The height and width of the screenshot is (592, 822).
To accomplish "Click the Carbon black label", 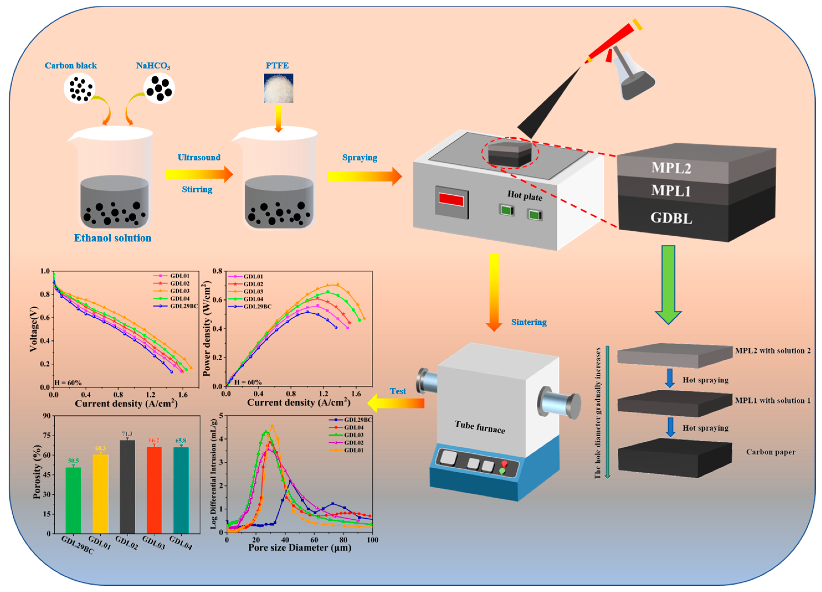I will tap(71, 66).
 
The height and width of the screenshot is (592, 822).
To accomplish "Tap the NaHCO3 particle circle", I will tap(159, 88).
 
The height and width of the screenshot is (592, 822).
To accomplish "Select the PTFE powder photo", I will tap(278, 88).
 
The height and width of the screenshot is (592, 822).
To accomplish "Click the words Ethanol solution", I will tap(112, 238).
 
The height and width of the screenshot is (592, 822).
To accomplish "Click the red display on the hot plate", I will tap(451, 200).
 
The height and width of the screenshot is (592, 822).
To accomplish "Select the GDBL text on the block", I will tap(671, 218).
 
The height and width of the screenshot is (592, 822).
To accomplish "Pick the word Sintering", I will tap(528, 322).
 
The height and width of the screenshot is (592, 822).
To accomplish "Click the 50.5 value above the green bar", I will tap(73, 461).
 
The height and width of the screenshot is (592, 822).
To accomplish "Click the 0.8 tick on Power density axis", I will tap(217, 271).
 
